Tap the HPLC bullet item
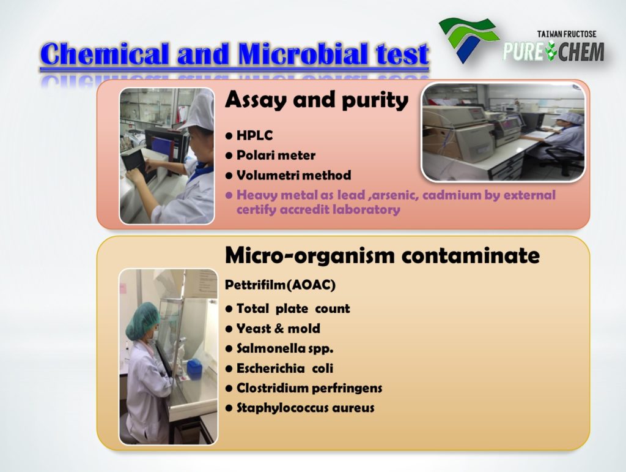tap(249, 135)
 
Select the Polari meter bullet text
tap(271, 155)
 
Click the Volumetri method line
tap(289, 175)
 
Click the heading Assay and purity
tap(317, 100)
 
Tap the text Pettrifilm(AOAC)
tap(280, 285)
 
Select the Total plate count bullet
tap(288, 309)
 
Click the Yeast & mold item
tap(273, 329)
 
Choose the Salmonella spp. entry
tap(279, 348)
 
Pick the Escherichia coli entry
tap(279, 368)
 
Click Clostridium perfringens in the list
tap(304, 388)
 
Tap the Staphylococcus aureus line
tap(300, 408)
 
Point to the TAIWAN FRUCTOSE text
tap(567, 34)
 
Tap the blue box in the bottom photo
tap(194, 369)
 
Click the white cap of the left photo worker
tap(199, 111)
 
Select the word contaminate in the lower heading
tap(471, 256)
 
